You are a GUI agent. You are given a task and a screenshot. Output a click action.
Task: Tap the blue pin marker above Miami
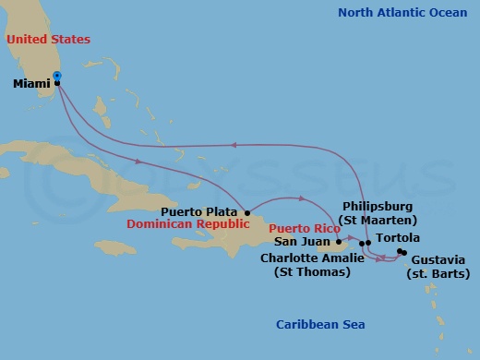point(57,76)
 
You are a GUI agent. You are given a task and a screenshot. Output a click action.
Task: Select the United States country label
point(48,40)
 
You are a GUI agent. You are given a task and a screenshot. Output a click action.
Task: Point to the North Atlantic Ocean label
point(402,12)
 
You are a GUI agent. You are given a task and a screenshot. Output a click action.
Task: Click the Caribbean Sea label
point(320,324)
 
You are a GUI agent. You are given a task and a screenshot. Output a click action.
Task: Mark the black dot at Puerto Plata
point(246,211)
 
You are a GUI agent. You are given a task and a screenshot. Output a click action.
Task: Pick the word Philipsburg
point(378,207)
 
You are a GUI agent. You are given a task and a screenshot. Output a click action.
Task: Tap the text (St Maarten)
point(378,221)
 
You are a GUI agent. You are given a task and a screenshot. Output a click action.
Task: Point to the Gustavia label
point(439,260)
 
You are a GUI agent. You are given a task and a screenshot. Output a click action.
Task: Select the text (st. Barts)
point(439,274)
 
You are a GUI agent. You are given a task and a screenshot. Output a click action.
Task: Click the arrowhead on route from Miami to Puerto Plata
point(138,161)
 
